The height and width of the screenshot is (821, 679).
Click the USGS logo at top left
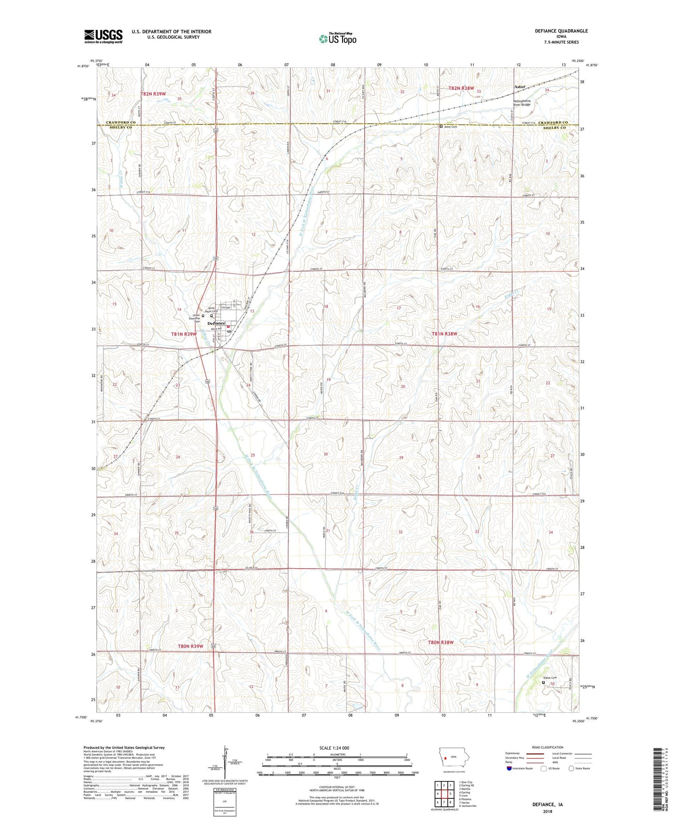[103, 36]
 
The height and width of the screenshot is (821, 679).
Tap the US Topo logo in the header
[337, 39]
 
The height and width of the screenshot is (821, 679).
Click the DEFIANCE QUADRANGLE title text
[561, 31]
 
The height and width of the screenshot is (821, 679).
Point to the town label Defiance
[216, 323]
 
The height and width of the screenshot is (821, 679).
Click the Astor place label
[519, 87]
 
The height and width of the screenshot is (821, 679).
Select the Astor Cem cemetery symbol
[440, 126]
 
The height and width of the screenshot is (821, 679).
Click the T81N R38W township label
[444, 333]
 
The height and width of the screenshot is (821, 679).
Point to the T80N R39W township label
[190, 646]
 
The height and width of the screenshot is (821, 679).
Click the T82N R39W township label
[153, 94]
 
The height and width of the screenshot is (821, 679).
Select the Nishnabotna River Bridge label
[522, 103]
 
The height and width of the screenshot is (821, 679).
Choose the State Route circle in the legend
[571, 769]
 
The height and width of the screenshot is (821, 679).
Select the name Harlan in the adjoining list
[466, 802]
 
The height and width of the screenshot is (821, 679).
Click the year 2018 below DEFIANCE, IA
[547, 811]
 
